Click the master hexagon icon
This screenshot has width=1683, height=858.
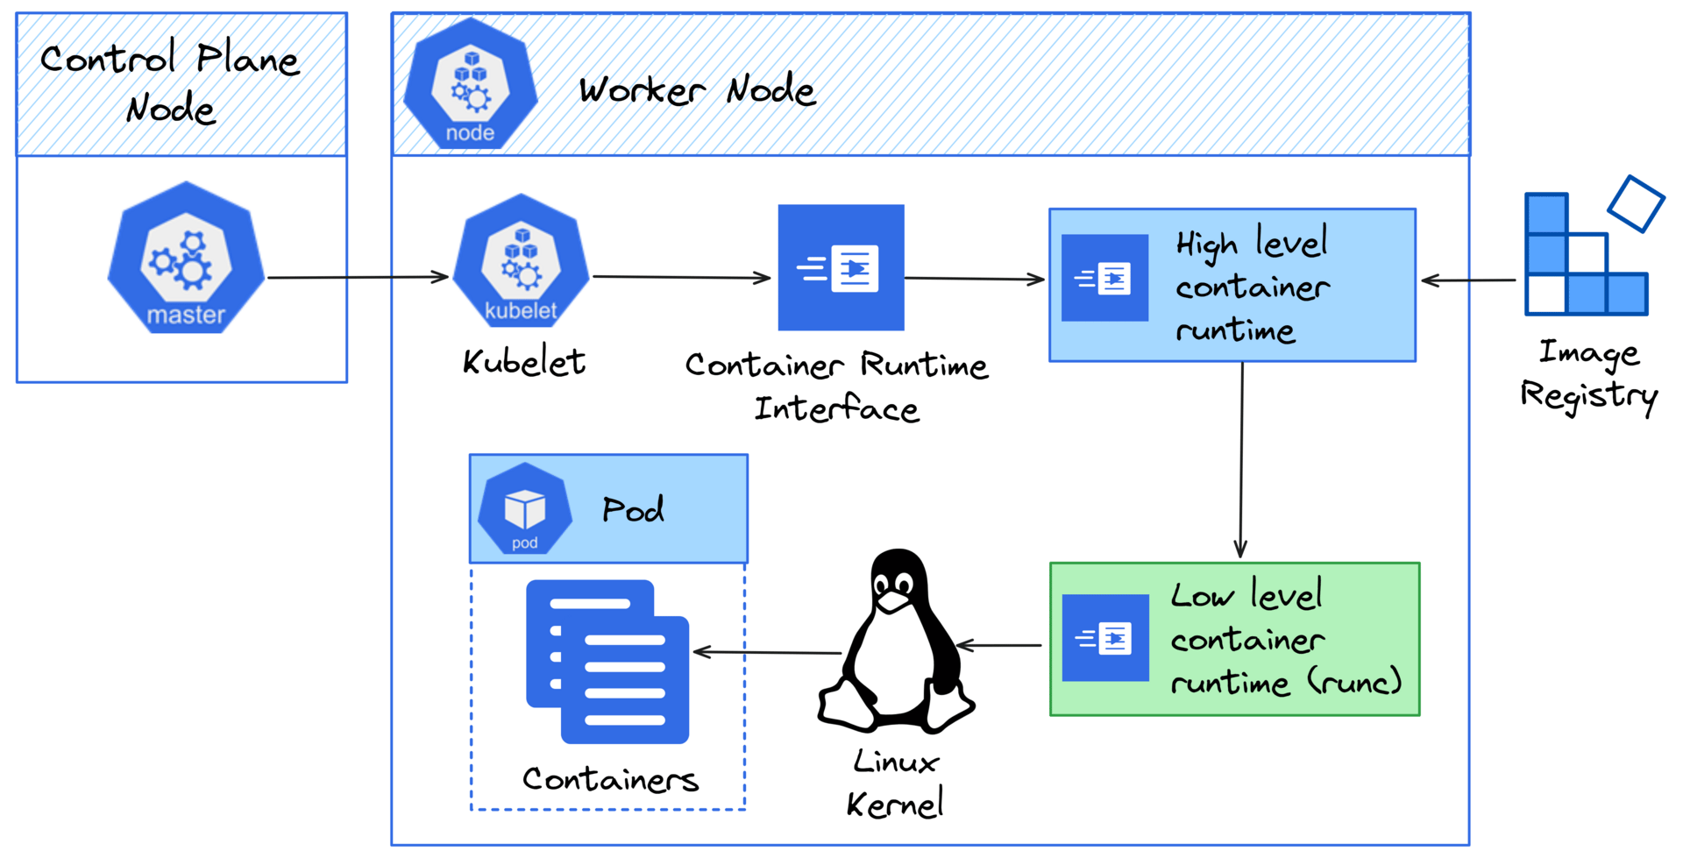pyautogui.click(x=186, y=259)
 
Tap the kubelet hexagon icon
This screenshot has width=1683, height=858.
pyautogui.click(x=521, y=262)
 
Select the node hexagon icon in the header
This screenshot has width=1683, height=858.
pyautogui.click(x=471, y=85)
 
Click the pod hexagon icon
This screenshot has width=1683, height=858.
pyautogui.click(x=524, y=509)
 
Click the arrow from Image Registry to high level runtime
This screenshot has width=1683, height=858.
pyautogui.click(x=1468, y=280)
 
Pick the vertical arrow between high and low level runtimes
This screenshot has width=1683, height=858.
pyautogui.click(x=1241, y=460)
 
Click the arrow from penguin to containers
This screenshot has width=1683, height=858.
pyautogui.click(x=767, y=652)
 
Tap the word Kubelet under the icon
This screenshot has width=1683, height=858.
pyautogui.click(x=524, y=362)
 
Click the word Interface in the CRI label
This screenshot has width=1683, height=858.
pyautogui.click(x=836, y=409)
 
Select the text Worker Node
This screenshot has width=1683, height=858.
pyautogui.click(x=697, y=90)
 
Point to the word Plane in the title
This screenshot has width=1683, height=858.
pyautogui.click(x=247, y=60)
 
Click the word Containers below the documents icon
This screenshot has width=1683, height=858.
pyautogui.click(x=610, y=779)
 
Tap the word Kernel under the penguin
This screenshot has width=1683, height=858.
pyautogui.click(x=894, y=804)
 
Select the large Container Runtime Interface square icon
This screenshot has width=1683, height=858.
pyautogui.click(x=841, y=267)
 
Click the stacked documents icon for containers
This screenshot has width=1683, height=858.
pyautogui.click(x=607, y=662)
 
